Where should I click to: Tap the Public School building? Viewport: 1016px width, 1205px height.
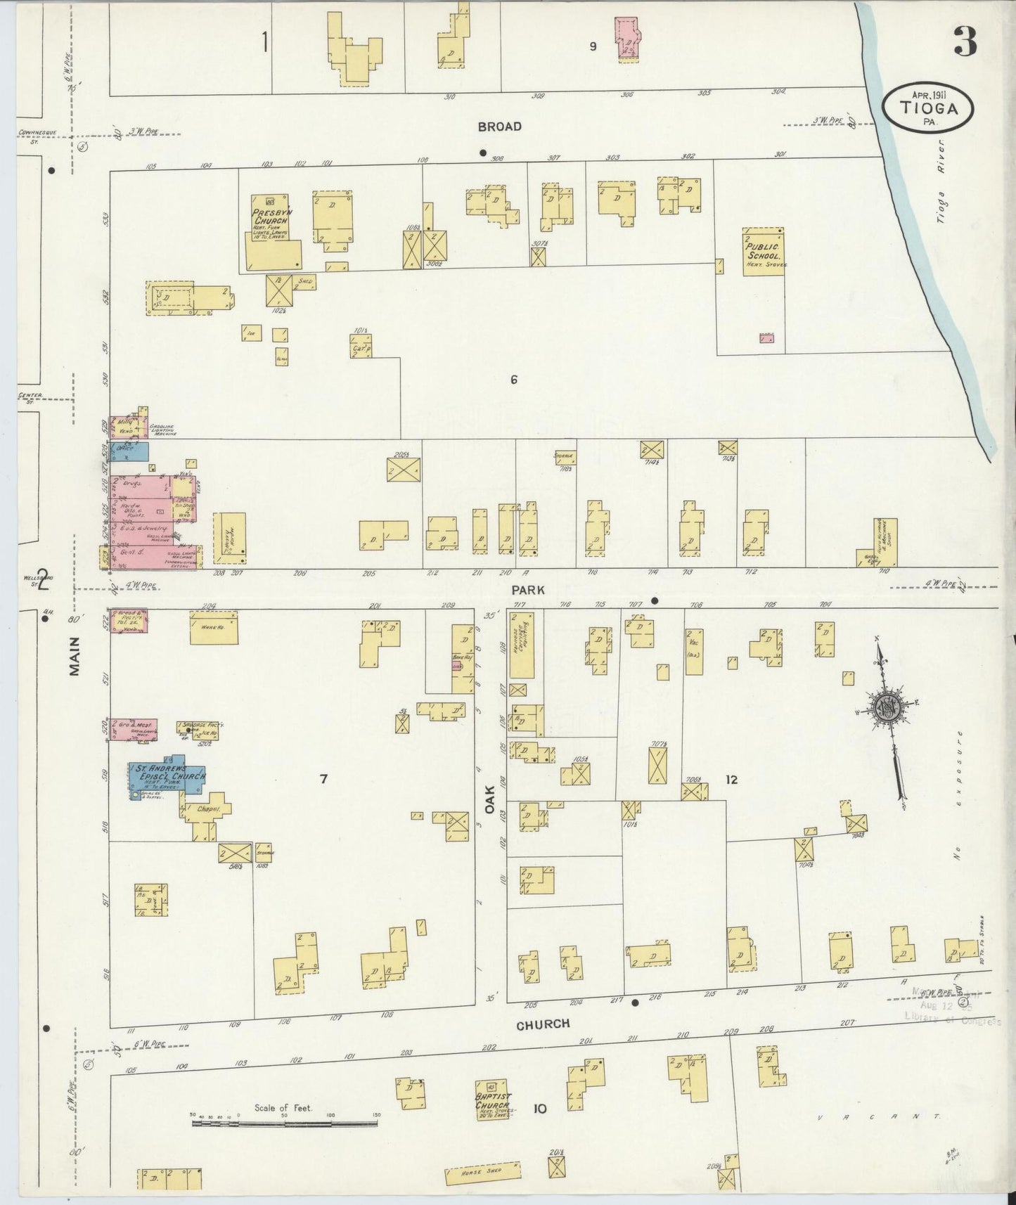point(764,251)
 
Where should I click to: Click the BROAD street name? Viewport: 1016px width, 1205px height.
point(499,127)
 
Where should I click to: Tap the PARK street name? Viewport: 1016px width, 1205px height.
point(528,591)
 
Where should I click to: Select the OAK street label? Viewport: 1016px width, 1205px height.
point(490,799)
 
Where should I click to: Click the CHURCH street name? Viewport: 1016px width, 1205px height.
point(543,1024)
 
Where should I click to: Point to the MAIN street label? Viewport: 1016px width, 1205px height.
point(75,656)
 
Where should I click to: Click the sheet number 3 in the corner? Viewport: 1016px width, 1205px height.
point(965,44)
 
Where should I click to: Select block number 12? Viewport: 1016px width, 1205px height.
point(731,779)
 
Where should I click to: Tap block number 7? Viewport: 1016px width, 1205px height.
point(323,778)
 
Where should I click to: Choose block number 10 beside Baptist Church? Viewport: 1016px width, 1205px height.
point(539,1109)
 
